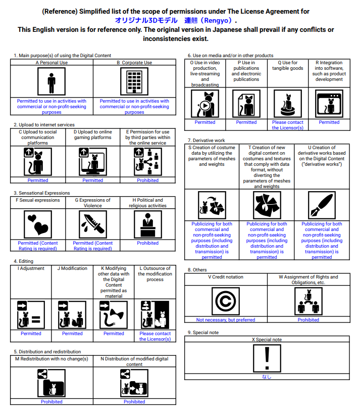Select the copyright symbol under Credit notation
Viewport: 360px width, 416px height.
tap(226, 301)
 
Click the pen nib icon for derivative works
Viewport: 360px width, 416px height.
tap(322, 205)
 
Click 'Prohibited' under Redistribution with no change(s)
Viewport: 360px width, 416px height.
tap(52, 402)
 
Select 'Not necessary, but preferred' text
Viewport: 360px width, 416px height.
tap(226, 320)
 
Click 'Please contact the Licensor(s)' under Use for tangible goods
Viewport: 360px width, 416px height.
tap(288, 125)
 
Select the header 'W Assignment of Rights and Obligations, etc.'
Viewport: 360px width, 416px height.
tap(308, 280)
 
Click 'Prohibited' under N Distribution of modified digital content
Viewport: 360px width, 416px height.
tap(134, 402)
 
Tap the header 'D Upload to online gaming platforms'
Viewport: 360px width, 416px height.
tap(93, 134)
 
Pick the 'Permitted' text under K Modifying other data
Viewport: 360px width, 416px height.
tap(114, 334)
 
